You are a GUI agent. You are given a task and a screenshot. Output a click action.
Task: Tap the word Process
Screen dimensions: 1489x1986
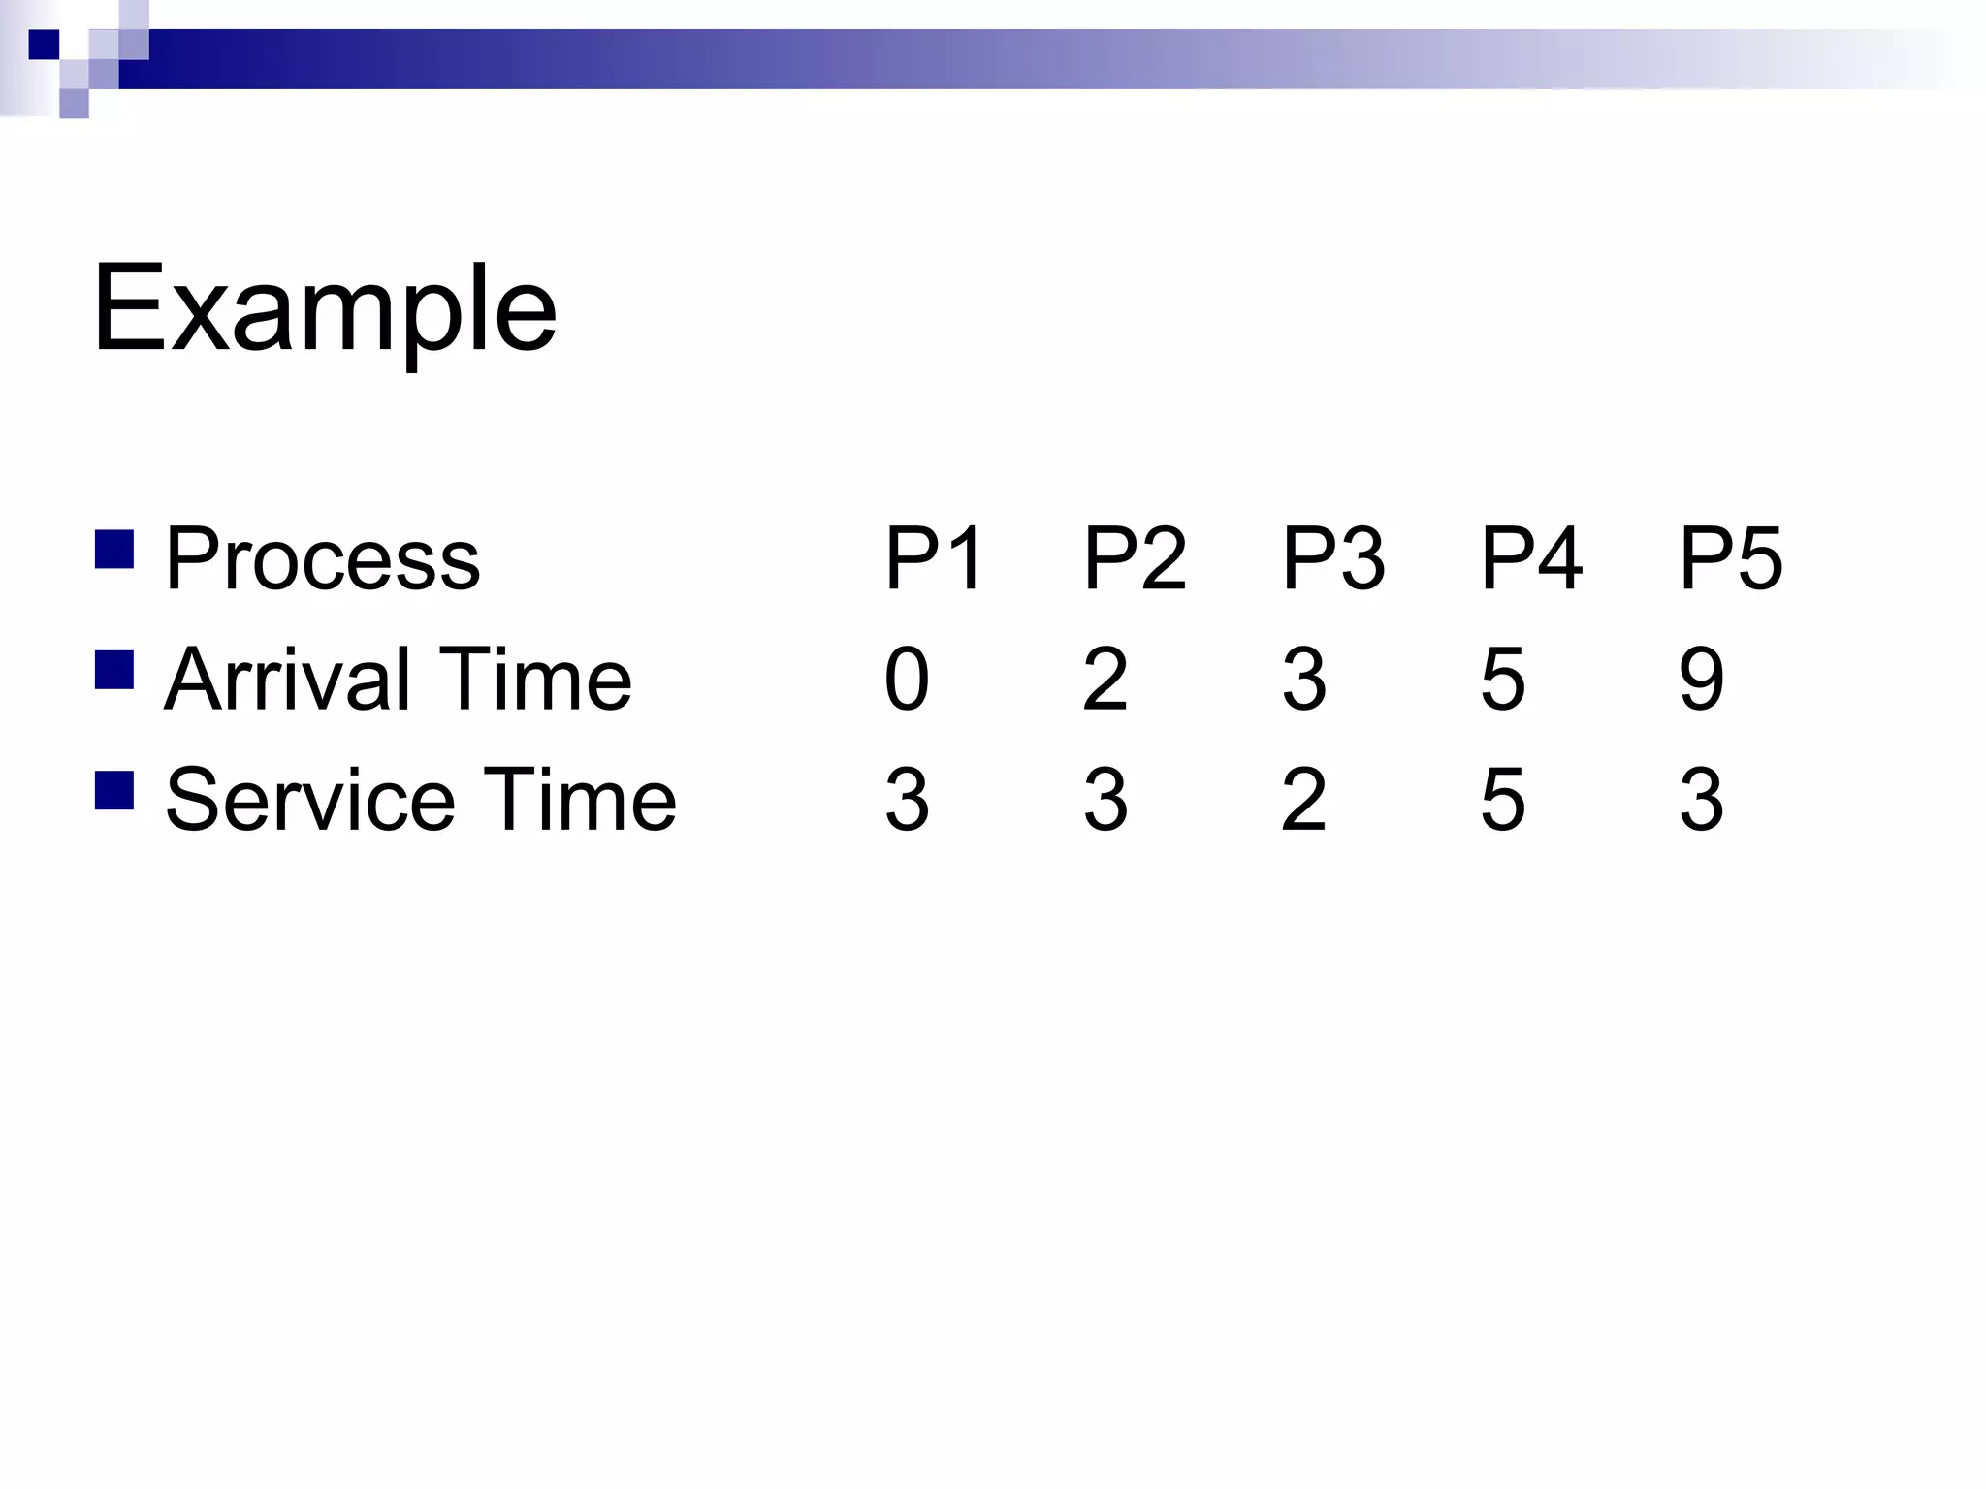pyautogui.click(x=323, y=558)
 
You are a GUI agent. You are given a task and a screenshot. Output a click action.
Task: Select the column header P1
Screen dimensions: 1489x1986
pyautogui.click(x=934, y=558)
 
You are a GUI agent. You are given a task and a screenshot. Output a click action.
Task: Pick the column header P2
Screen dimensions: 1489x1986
pyautogui.click(x=1134, y=558)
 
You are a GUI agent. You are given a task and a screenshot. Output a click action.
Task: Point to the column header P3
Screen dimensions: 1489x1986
pyautogui.click(x=1332, y=558)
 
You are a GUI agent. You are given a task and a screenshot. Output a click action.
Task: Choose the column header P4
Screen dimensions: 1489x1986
pyautogui.click(x=1531, y=558)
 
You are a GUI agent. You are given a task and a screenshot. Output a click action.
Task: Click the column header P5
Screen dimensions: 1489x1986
pyautogui.click(x=1730, y=558)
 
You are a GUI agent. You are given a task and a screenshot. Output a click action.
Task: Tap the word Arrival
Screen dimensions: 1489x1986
pyautogui.click(x=288, y=679)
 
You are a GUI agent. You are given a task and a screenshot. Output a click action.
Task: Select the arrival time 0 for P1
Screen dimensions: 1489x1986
pyautogui.click(x=908, y=679)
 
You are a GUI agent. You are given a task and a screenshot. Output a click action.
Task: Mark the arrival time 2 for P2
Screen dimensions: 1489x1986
pyautogui.click(x=1105, y=679)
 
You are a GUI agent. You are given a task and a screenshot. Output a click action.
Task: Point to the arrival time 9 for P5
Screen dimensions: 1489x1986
pyautogui.click(x=1702, y=679)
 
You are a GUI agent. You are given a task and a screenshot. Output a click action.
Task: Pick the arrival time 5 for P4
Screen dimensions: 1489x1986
pyautogui.click(x=1503, y=679)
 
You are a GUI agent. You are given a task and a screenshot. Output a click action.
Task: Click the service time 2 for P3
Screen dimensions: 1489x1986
pyautogui.click(x=1304, y=800)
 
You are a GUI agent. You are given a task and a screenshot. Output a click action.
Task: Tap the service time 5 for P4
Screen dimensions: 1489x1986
pyautogui.click(x=1503, y=800)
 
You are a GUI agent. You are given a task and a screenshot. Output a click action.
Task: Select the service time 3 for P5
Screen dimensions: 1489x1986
pyautogui.click(x=1702, y=800)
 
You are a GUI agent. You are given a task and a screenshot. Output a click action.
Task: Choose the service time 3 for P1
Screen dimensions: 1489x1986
pyautogui.click(x=908, y=800)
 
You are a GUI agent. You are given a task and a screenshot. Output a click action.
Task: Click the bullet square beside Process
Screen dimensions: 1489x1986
pyautogui.click(x=114, y=549)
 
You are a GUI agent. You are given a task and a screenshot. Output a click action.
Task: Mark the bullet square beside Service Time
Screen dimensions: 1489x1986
pyautogui.click(x=114, y=790)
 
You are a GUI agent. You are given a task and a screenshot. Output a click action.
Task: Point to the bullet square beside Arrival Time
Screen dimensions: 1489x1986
pyautogui.click(x=114, y=669)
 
